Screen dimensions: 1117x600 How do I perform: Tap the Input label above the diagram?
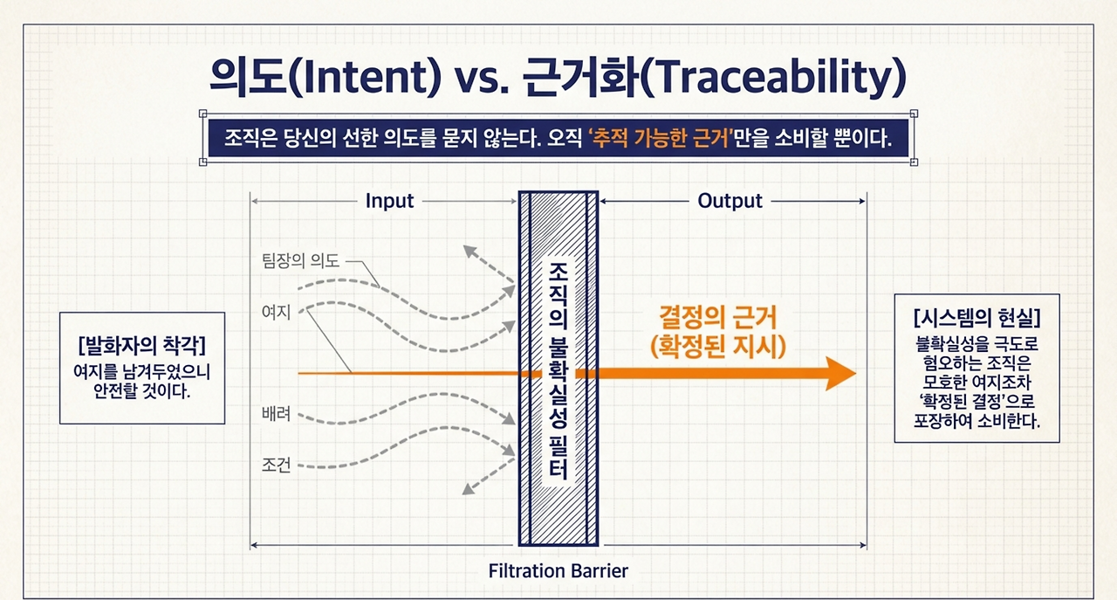(389, 201)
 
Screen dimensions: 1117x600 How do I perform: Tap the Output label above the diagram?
(730, 201)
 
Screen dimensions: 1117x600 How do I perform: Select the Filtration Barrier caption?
(558, 570)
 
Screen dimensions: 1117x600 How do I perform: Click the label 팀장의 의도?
(301, 260)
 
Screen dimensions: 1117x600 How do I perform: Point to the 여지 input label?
(276, 312)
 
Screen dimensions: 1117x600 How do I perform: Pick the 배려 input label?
(276, 414)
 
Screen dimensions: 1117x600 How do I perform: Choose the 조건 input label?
(276, 466)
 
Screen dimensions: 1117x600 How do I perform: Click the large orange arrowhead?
(840, 374)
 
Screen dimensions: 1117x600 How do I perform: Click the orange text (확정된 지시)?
(718, 347)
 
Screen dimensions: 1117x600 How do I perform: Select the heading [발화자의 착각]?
(142, 345)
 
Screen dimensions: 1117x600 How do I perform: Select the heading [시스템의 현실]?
(977, 317)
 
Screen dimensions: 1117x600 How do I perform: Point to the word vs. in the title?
(482, 79)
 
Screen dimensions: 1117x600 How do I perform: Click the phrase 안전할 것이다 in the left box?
(142, 391)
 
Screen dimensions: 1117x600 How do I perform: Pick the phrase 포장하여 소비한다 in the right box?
(977, 421)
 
